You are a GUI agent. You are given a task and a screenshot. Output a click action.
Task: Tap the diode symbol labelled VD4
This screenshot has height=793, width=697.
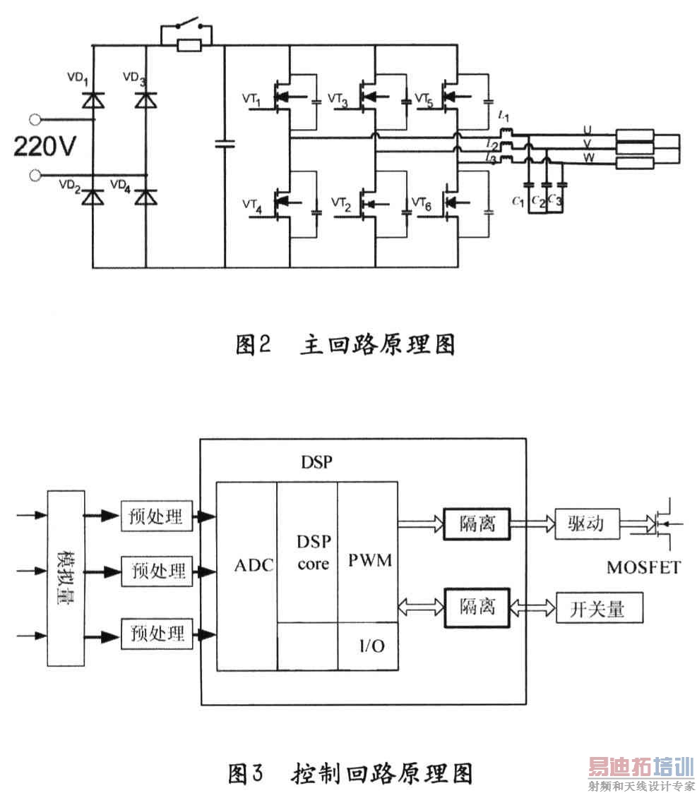(x=147, y=198)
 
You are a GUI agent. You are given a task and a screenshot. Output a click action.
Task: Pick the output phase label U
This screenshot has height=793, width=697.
(x=587, y=130)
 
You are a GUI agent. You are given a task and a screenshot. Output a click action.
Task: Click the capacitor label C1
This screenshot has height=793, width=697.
(x=518, y=202)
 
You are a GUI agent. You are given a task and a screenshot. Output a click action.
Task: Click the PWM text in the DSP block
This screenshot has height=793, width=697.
(x=370, y=561)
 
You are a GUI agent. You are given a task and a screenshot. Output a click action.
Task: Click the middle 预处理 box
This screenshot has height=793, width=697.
(x=157, y=569)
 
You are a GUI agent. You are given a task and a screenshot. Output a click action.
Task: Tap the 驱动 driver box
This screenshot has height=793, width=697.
(x=585, y=524)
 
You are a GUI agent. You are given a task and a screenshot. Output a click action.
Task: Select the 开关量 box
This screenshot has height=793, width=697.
(x=600, y=608)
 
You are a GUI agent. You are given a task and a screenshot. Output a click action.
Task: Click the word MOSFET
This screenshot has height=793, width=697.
(x=643, y=567)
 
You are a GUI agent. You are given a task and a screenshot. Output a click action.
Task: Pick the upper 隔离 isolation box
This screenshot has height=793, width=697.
(x=477, y=523)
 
